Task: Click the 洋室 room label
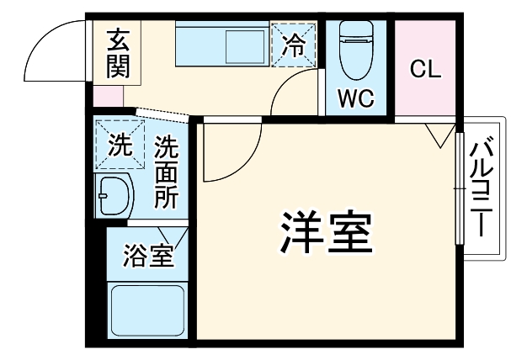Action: click(325, 233)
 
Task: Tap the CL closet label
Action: click(426, 70)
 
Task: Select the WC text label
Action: click(356, 98)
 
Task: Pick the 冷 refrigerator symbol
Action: click(295, 43)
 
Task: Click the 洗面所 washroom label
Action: click(166, 172)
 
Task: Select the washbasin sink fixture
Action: click(113, 198)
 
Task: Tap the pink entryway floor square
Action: click(108, 95)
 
